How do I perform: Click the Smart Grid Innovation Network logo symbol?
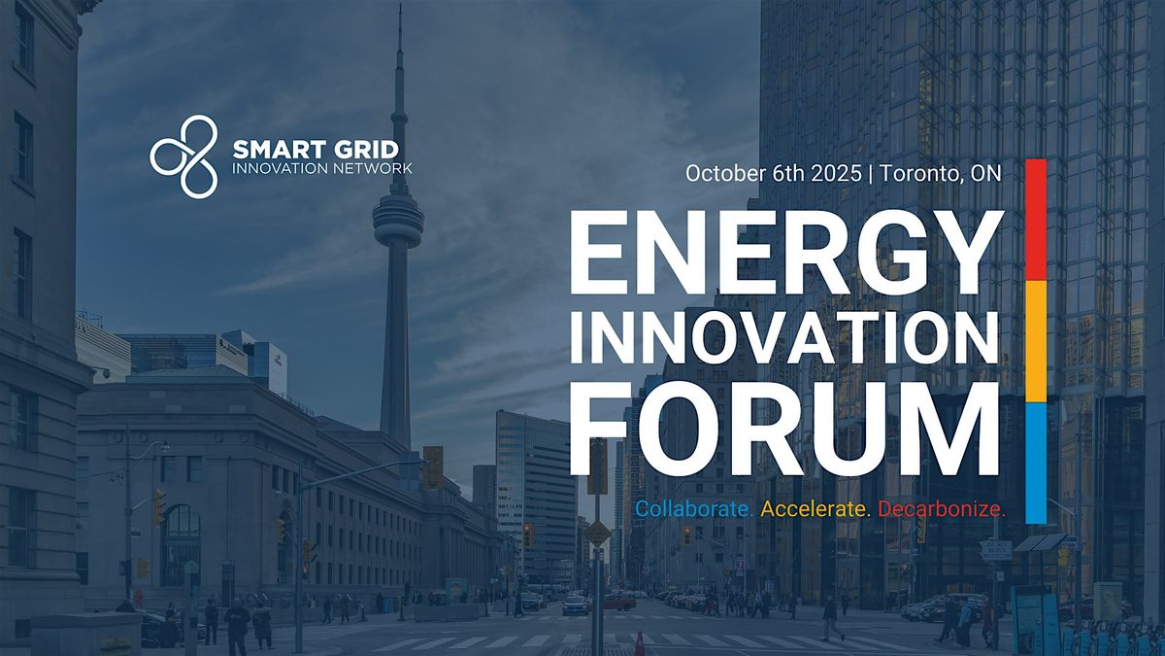[x=183, y=156]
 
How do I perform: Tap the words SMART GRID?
[x=316, y=150]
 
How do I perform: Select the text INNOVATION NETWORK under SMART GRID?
[x=322, y=169]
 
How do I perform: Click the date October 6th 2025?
[x=774, y=173]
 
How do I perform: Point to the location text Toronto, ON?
[x=941, y=174]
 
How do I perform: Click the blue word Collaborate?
[x=694, y=508]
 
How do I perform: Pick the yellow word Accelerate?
[x=815, y=508]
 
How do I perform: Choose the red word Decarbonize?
[x=942, y=508]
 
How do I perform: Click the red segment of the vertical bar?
[x=1036, y=220]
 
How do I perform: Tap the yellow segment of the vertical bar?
[x=1036, y=341]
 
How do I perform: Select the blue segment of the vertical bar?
[x=1036, y=463]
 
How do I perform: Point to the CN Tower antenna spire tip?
[x=400, y=5]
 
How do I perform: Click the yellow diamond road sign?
[x=597, y=533]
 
